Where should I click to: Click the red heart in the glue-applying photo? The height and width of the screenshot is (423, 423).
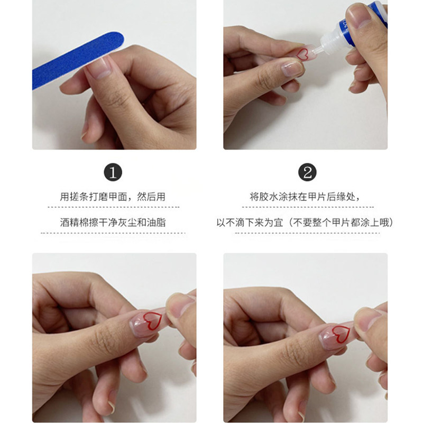coord(304,53)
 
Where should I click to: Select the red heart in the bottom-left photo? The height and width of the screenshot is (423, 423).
coord(153,320)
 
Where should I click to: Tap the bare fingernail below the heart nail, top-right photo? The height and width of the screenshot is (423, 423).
coord(291,68)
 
